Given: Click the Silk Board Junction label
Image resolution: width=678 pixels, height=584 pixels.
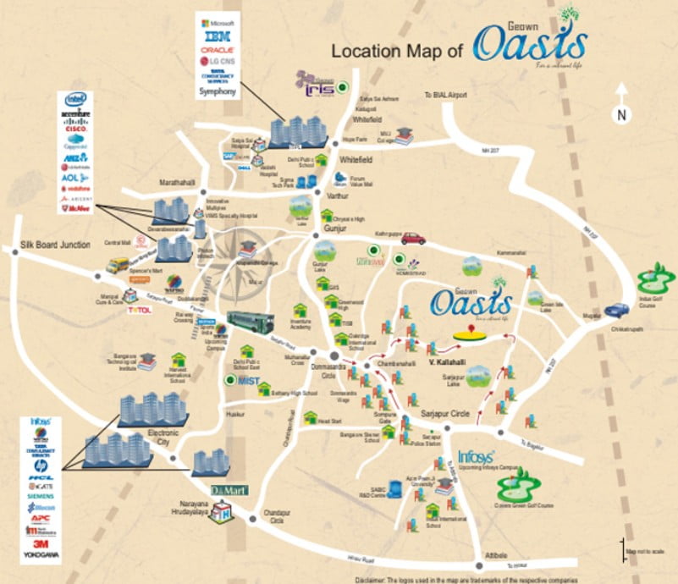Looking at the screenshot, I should coord(54,245).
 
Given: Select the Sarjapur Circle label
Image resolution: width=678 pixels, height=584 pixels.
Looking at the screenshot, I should coord(445,413).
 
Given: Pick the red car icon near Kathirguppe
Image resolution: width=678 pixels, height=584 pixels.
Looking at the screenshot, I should coord(413,238).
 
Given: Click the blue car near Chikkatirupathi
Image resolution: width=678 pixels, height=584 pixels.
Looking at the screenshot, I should coord(618,310).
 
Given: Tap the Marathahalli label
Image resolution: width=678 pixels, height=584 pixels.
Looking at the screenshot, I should coord(179,182).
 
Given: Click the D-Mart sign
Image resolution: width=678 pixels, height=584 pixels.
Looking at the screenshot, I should coord(229,491).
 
